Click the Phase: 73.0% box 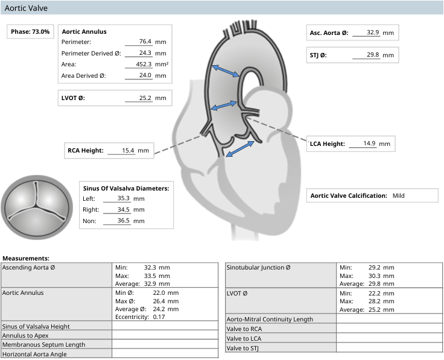click(x=30, y=31)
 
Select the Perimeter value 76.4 click(x=145, y=42)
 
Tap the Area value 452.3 click(x=144, y=64)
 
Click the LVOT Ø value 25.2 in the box click(x=145, y=98)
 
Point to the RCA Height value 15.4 click(x=128, y=150)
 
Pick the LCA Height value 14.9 click(x=370, y=143)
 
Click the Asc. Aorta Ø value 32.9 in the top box click(x=373, y=33)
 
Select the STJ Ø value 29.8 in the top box click(x=373, y=55)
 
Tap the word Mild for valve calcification click(x=398, y=195)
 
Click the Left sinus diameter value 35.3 click(x=124, y=198)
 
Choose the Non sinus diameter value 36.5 click(x=124, y=221)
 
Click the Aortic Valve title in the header click(x=26, y=8)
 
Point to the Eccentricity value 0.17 click(x=159, y=317)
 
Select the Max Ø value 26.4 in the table click(x=159, y=301)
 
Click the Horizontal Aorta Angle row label click(x=34, y=354)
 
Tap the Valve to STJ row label click(x=243, y=348)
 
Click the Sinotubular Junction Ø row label click(x=259, y=268)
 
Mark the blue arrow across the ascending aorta click(x=226, y=71)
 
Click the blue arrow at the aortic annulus click(x=240, y=148)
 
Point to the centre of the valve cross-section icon click(x=37, y=207)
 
